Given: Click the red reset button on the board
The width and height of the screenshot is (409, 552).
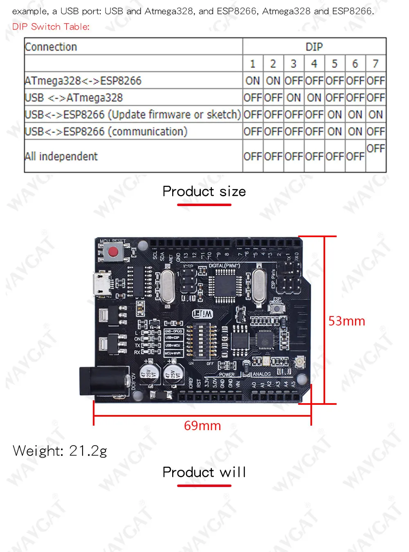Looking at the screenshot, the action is [113, 252].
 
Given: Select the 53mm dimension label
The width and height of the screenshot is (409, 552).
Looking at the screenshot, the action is [346, 321].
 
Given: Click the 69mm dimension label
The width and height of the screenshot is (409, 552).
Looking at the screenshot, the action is [202, 426].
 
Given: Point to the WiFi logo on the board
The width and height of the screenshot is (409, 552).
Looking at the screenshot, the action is [202, 314].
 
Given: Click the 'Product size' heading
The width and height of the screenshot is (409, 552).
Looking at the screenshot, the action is [204, 191].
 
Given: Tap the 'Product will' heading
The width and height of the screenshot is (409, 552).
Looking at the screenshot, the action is [204, 472].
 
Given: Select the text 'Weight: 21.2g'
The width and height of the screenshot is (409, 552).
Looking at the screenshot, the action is [60, 451].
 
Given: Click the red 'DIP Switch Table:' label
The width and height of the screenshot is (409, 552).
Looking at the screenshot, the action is [51, 27].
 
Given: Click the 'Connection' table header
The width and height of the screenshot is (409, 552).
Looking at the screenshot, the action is [51, 47].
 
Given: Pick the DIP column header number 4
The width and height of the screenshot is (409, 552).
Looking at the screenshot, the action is [314, 64].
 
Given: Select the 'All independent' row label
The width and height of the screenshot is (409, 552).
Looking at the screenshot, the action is [61, 156].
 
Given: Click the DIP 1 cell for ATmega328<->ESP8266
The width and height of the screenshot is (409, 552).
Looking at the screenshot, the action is [252, 81].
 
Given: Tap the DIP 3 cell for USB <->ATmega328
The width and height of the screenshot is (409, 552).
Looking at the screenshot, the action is [293, 98].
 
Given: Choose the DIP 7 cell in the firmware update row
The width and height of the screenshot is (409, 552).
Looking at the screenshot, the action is [375, 114].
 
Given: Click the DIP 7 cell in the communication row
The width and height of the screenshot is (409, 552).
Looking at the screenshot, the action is [375, 131].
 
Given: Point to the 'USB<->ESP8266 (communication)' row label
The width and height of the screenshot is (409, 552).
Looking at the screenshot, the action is [106, 131].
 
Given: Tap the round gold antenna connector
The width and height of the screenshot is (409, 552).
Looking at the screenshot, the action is [300, 361].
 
